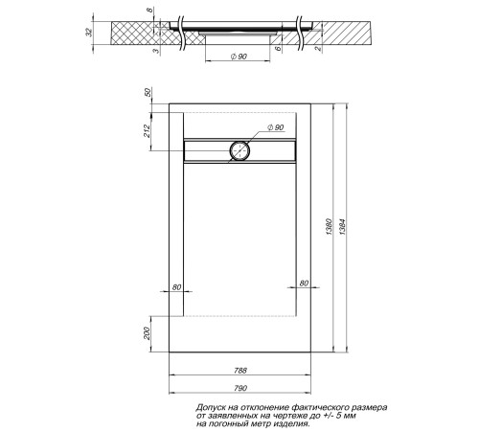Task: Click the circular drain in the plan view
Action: pos(239,150)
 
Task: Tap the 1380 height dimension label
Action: pos(331,230)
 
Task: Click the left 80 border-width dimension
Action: pos(176,285)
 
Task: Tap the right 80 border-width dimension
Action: pos(303,284)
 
